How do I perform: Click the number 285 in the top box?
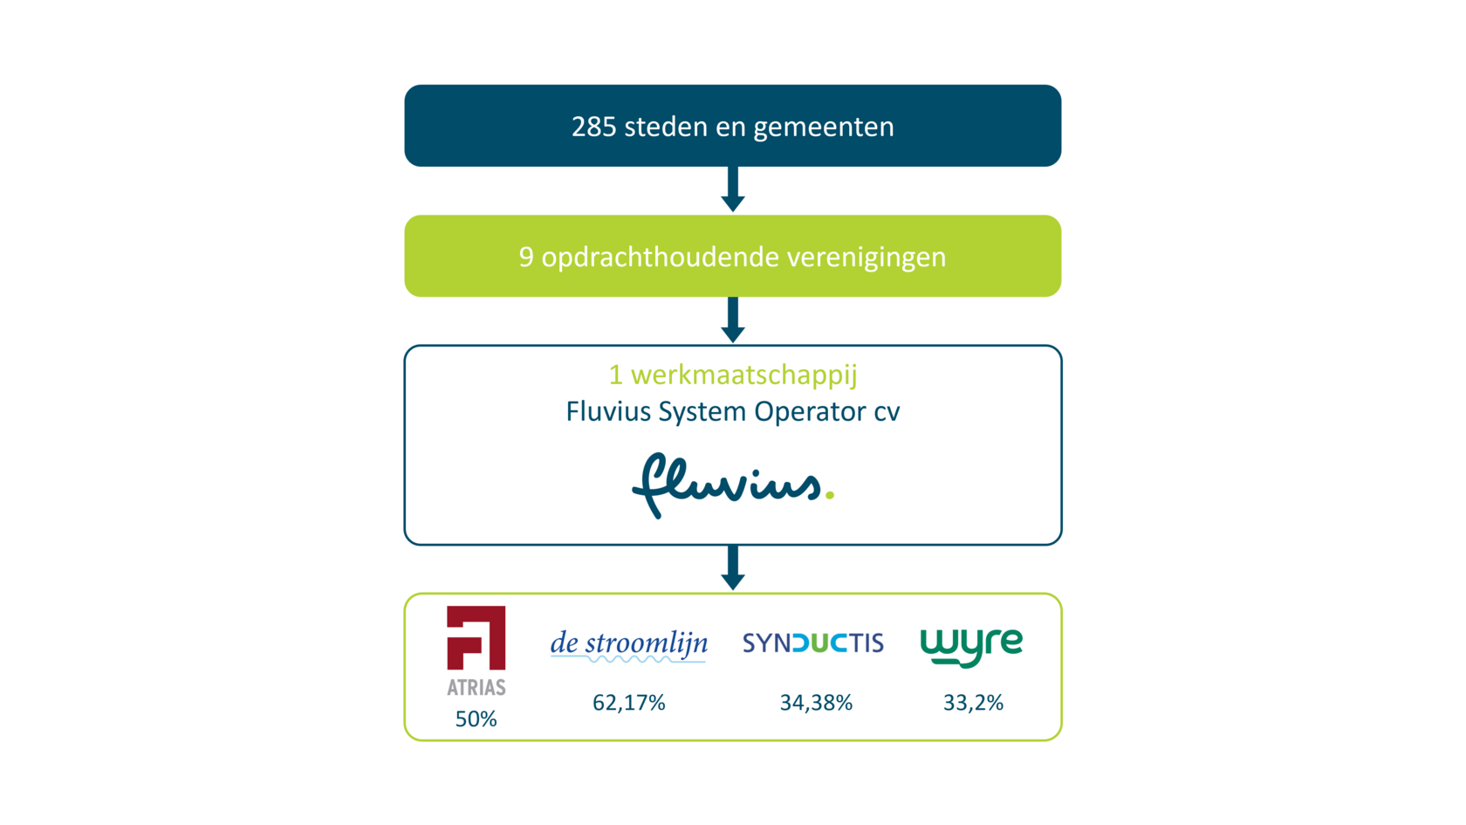593,127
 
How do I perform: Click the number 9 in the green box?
525,258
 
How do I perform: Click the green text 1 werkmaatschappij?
733,375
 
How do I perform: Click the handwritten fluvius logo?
726,485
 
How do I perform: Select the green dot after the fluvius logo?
830,495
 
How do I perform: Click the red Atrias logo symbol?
476,638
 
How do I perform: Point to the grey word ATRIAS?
476,688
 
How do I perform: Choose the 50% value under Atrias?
476,719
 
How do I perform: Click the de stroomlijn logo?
628,645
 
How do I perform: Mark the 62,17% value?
629,703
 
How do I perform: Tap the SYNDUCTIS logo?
812,643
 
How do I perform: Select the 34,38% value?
816,703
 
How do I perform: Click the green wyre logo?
971,647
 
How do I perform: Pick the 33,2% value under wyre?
973,703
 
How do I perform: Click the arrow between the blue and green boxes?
733,189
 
